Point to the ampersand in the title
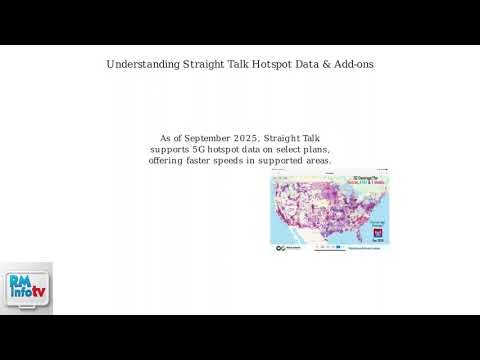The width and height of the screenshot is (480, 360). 326,65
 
